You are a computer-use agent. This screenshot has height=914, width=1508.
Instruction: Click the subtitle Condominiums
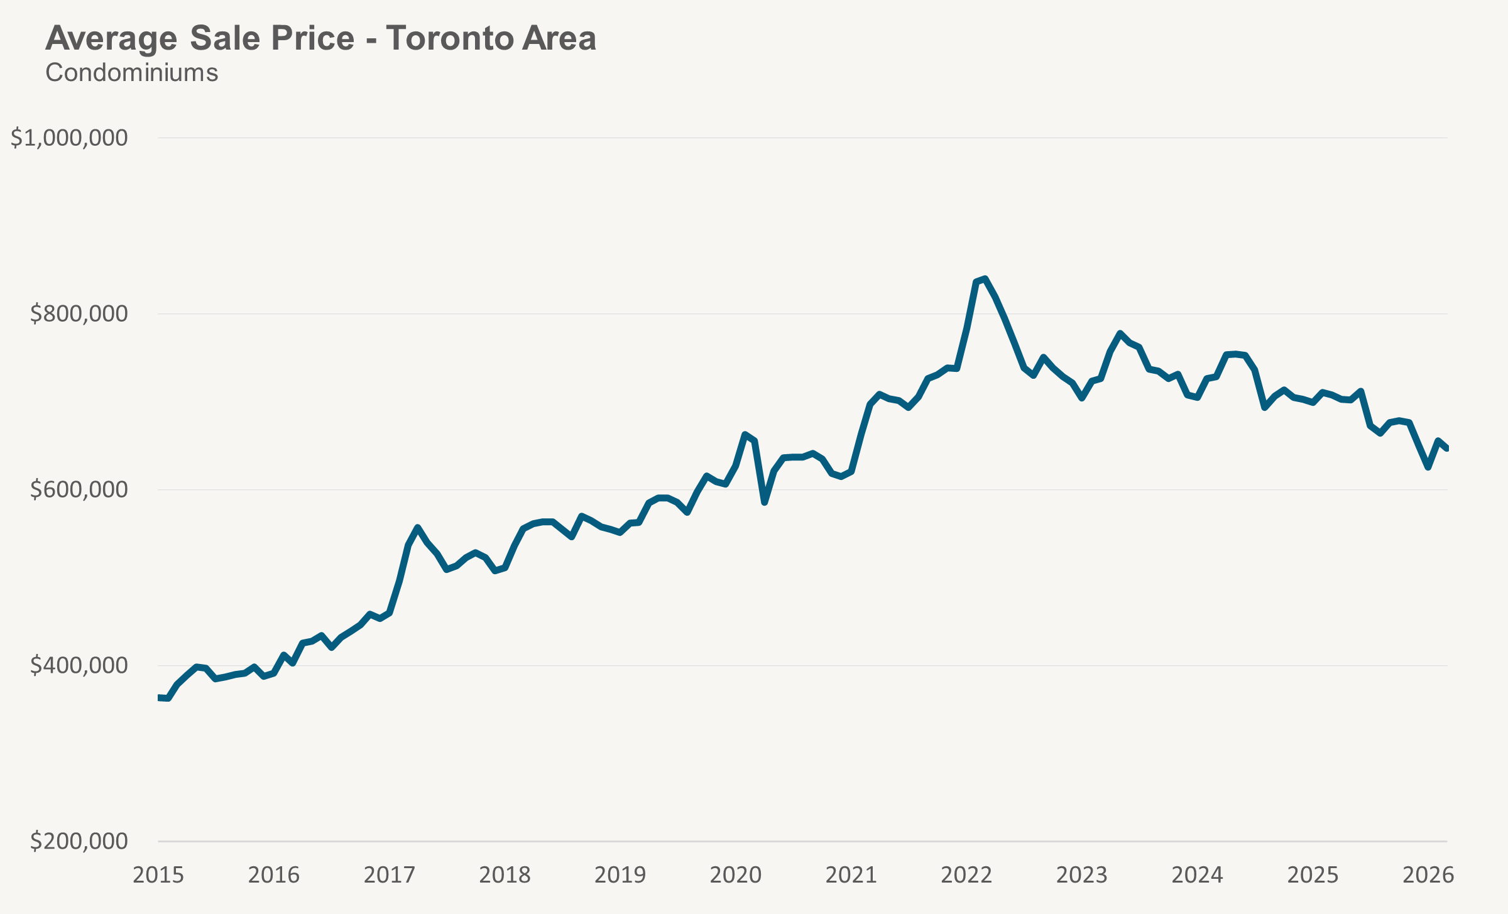coord(132,73)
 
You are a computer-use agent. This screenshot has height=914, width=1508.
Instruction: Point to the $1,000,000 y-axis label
coord(69,138)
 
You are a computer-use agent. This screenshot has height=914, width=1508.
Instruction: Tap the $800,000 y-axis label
coord(79,313)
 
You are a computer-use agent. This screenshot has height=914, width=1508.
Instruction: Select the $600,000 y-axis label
coord(79,489)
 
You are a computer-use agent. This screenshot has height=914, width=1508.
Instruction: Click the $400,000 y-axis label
coord(79,665)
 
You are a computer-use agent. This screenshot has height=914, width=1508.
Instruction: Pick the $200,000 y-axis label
coord(79,841)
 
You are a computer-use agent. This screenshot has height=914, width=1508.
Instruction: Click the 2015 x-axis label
coord(158,875)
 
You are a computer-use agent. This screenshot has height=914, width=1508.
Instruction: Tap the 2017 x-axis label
coord(389,875)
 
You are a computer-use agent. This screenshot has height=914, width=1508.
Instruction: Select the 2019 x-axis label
coord(620,875)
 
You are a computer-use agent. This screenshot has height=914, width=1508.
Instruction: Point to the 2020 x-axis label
coord(735,875)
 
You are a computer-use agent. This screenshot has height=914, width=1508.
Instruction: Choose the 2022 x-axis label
coord(966,875)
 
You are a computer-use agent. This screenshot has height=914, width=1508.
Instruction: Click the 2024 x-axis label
coord(1197,875)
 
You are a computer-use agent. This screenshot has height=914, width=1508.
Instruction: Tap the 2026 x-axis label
coord(1428,875)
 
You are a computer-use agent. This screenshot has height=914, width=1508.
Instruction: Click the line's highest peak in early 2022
coord(985,278)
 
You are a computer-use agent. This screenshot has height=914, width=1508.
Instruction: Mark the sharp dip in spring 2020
coord(764,503)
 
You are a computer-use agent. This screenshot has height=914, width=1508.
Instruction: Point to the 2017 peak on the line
coord(418,528)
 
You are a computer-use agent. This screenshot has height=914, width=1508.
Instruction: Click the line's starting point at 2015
coord(160,698)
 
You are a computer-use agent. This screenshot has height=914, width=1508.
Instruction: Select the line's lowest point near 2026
coord(1428,467)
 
